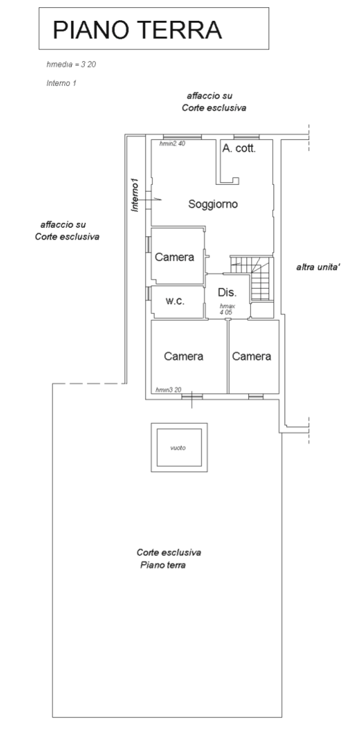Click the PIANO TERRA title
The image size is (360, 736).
coord(137,30)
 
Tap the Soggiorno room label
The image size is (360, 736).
coord(213,204)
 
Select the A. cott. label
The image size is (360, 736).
coord(239,149)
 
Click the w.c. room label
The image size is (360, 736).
coord(174,302)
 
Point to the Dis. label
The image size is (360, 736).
coord(227,292)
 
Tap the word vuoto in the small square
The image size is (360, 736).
coord(178,448)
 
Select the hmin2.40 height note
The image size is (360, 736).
coord(172,144)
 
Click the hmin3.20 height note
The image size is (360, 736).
coord(168,389)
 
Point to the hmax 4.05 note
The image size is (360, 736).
coord(227,308)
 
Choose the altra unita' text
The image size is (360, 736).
coord(318,267)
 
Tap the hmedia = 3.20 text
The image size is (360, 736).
coord(71,65)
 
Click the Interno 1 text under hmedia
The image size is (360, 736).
coord(61,83)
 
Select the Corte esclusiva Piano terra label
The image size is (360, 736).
coord(169,558)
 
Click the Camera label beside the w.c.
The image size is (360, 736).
coord(174,257)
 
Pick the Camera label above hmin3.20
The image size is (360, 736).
coord(184,356)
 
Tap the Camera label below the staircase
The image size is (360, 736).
coord(252,356)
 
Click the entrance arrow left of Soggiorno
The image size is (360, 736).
coord(150,200)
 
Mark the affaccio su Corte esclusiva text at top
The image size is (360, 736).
coord(214,102)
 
